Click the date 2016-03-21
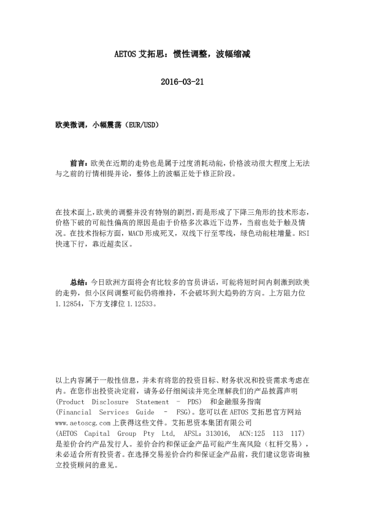(182, 82)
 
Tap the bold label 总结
(78, 282)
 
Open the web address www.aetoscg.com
(83, 423)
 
